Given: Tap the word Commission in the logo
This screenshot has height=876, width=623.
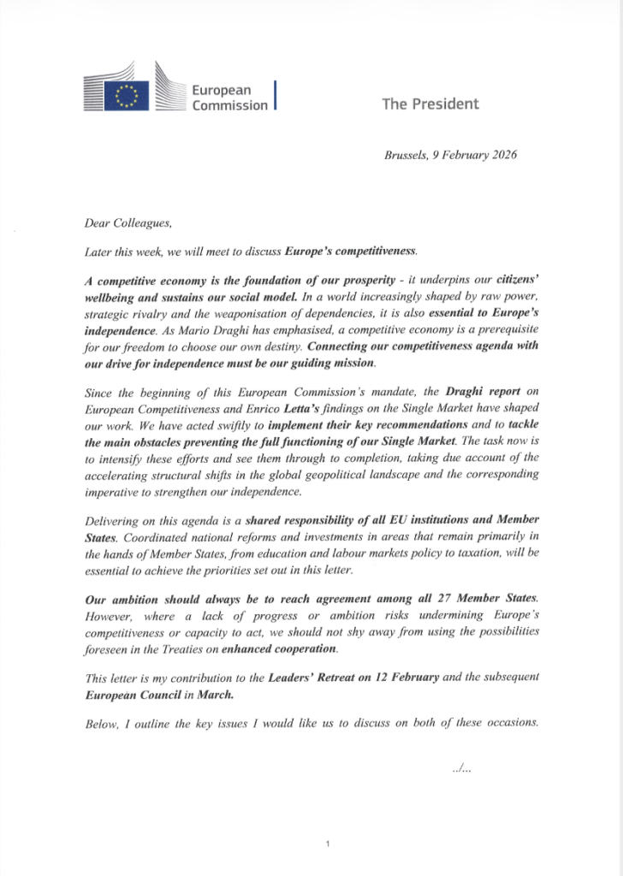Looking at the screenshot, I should [x=229, y=106].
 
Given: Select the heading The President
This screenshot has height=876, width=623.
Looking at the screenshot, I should [x=430, y=104].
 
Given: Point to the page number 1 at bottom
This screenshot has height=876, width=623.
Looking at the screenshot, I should [x=328, y=843].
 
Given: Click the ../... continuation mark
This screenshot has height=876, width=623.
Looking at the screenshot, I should [x=461, y=768].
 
